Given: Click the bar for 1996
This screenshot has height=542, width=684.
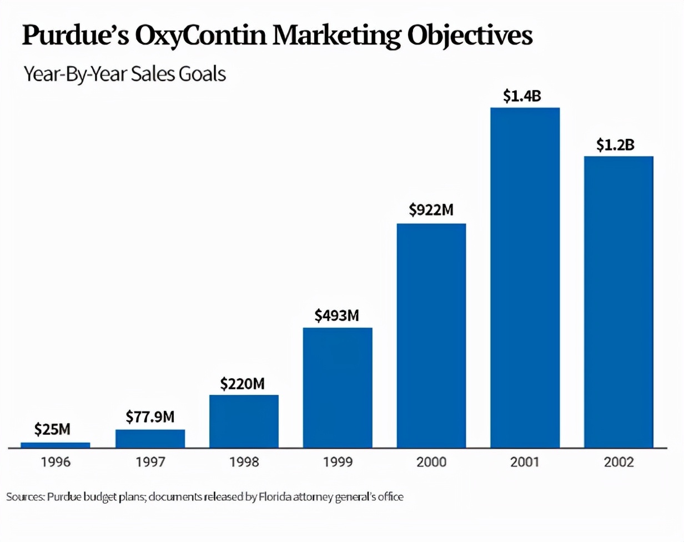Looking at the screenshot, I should click(56, 445).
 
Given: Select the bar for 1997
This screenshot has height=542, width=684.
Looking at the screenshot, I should click(150, 438).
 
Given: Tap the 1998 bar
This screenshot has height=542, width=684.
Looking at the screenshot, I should click(244, 421).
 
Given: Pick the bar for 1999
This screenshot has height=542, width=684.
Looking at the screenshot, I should click(338, 388).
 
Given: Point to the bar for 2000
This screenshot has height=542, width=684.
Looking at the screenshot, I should click(431, 335).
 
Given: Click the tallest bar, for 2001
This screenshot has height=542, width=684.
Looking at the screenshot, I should click(525, 278).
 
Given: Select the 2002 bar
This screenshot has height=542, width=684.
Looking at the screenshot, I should click(619, 302).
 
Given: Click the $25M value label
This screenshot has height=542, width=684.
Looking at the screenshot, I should click(52, 429).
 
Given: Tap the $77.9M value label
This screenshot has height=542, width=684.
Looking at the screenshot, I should click(150, 416).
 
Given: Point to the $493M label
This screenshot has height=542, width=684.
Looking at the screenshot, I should click(337, 315).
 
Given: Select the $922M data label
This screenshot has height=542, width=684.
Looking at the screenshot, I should click(431, 210).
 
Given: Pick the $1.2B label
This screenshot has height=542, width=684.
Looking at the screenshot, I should click(615, 145).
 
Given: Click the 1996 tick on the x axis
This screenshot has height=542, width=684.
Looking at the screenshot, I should click(56, 462).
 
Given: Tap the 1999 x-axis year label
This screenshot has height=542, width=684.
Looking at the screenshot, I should click(338, 462).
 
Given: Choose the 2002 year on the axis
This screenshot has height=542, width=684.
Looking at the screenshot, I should click(619, 462).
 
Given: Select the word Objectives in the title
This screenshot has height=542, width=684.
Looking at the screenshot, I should click(470, 36).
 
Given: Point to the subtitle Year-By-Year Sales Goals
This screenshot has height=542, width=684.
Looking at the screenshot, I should click(125, 73).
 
